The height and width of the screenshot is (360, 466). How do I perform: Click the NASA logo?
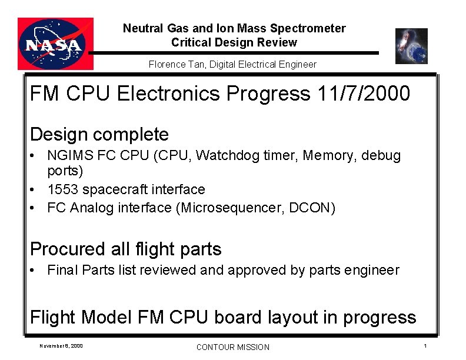pos(55,44)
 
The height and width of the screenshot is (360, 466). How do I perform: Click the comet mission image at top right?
pos(411,46)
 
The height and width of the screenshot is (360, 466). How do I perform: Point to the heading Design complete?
pos(99,135)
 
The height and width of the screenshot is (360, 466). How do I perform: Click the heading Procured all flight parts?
pos(125,249)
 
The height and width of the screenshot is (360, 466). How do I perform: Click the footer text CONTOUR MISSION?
pos(232,347)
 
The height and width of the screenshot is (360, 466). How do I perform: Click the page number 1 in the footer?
pos(425,345)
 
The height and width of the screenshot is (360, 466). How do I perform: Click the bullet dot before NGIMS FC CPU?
pos(36,156)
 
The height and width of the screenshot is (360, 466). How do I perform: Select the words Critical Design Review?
pos(234,42)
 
